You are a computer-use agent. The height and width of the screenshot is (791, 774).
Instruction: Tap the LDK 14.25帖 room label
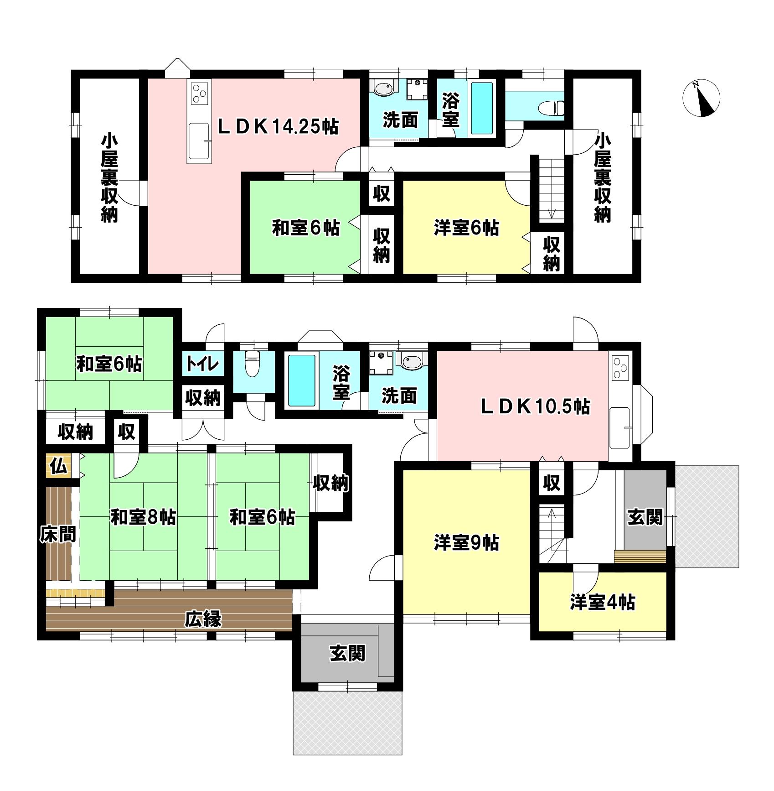click(x=279, y=126)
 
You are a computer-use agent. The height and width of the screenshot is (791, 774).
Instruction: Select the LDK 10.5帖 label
click(x=536, y=406)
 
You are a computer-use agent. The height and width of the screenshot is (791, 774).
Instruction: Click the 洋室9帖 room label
click(x=466, y=543)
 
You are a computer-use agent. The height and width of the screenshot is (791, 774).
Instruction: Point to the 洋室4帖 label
click(x=602, y=603)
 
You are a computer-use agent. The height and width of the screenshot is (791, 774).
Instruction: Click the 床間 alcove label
click(x=58, y=534)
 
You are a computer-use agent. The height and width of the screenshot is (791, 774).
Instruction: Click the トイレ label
click(x=203, y=365)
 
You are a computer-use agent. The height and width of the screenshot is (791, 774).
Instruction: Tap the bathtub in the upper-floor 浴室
click(x=482, y=108)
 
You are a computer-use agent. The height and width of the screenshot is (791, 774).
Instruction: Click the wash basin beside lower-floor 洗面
click(x=412, y=361)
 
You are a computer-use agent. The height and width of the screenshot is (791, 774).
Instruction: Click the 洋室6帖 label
click(x=466, y=228)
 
